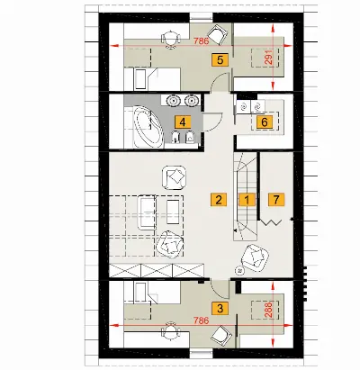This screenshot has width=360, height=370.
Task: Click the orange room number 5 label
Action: [220, 59]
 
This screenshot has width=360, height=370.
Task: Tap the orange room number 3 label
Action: [220, 308]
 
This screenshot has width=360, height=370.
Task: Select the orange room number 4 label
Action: [183, 122]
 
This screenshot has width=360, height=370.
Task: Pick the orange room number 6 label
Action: [265, 122]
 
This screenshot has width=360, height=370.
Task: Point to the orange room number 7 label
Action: [276, 199]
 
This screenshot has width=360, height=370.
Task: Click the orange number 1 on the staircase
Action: [247, 199]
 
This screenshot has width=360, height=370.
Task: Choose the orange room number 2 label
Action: [219, 199]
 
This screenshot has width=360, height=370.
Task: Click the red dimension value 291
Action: [268, 57]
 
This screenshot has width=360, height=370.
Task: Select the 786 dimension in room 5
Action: [201, 41]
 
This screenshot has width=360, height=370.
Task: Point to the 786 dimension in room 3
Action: [201, 320]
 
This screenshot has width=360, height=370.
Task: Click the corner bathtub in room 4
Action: [148, 127]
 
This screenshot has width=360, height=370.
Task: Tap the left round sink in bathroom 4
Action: [173, 100]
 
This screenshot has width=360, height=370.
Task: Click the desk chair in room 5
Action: [170, 39]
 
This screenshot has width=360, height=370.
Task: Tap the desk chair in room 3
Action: [170, 330]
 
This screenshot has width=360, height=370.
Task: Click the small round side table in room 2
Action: [239, 270]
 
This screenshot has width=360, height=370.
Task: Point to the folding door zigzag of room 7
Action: [271, 222]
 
